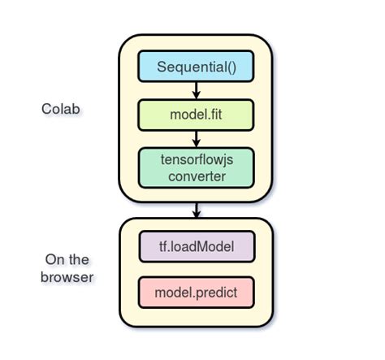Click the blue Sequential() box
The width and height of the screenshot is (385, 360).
196,66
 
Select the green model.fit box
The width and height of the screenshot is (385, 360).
196,114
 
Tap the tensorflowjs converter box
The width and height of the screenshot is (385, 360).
196,167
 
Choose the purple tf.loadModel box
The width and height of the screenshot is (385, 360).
196,245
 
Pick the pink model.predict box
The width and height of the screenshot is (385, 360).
196,291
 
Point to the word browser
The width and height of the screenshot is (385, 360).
67,277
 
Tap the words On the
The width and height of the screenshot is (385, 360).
67,260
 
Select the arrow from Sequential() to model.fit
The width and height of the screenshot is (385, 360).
196,89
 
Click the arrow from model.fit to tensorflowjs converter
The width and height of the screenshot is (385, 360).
196,137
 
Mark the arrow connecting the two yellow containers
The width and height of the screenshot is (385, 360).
196,210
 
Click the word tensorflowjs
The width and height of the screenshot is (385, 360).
196,159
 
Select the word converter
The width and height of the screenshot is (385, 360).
196,176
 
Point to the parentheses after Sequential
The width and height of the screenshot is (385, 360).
231,67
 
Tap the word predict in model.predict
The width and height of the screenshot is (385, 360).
217,291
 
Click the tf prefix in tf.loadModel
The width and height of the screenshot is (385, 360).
166,245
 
